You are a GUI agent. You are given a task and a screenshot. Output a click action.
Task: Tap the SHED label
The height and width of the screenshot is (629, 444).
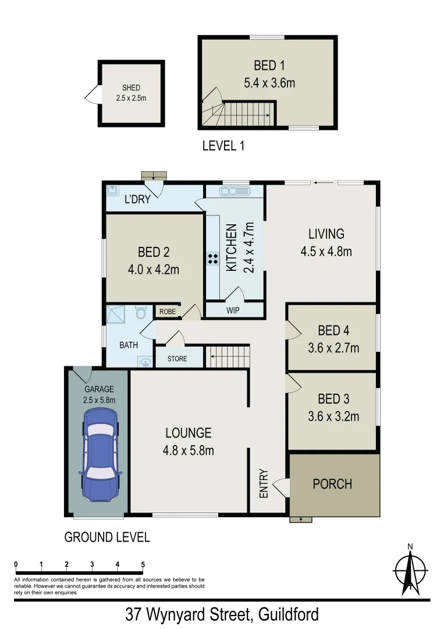[x=131, y=88]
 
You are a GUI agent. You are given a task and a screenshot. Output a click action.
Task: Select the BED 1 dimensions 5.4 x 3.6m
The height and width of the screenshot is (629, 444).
[x=269, y=83]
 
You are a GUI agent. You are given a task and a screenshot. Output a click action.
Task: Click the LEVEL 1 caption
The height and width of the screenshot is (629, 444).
[x=223, y=146]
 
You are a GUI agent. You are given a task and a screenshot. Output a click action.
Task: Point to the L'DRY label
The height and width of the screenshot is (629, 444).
[x=137, y=200]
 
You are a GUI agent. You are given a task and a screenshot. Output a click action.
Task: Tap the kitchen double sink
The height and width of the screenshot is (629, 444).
[x=235, y=191]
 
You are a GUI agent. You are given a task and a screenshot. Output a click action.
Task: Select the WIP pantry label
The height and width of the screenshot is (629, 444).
[x=233, y=310]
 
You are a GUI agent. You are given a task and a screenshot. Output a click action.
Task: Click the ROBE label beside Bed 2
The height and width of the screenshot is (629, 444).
[x=167, y=312]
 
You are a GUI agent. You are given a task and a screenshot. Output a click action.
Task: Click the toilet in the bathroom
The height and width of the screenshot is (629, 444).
[x=140, y=313]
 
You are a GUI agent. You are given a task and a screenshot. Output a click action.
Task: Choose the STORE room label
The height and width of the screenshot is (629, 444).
[x=177, y=358]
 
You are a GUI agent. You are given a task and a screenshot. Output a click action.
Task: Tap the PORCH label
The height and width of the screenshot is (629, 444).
[x=332, y=484]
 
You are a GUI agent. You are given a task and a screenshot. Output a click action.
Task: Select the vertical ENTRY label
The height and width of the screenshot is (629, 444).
[x=264, y=483]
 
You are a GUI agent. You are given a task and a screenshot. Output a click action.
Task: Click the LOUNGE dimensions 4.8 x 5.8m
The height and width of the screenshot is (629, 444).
[x=188, y=450]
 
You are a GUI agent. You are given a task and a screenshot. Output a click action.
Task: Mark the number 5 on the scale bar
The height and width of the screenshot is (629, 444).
[x=143, y=564]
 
